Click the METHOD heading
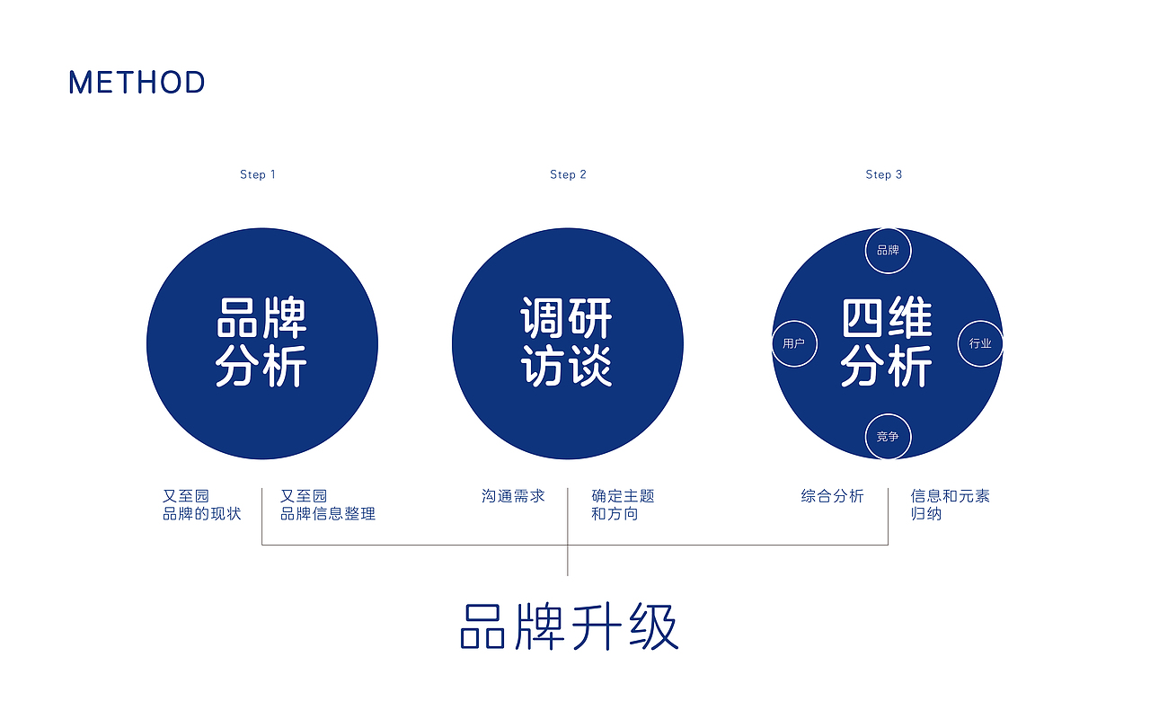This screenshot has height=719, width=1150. click(x=137, y=83)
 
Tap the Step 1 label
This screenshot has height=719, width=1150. click(x=258, y=174)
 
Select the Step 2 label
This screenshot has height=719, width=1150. click(x=568, y=174)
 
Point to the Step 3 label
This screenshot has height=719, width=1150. click(x=884, y=174)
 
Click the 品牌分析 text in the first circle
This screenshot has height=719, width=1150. click(x=261, y=342)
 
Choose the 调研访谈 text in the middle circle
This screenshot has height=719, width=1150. click(x=567, y=342)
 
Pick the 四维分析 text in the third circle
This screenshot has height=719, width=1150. click(x=887, y=342)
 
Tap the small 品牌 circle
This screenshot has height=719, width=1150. click(x=888, y=250)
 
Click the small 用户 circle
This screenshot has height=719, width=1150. click(x=794, y=343)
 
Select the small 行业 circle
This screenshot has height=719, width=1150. click(x=980, y=343)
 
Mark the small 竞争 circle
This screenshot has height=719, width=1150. click(x=888, y=437)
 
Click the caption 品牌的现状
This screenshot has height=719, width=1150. click(x=202, y=514)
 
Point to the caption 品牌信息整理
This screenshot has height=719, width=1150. click(x=328, y=514)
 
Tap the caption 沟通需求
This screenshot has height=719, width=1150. click(x=513, y=496)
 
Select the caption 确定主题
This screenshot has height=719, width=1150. click(x=623, y=496)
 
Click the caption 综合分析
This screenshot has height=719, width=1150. click(x=833, y=496)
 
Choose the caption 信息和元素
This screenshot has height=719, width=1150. click(x=951, y=496)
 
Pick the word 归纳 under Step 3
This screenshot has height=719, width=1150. click(x=926, y=514)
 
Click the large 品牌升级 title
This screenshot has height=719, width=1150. click(x=570, y=626)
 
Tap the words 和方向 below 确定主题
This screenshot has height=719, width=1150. click(x=615, y=514)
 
